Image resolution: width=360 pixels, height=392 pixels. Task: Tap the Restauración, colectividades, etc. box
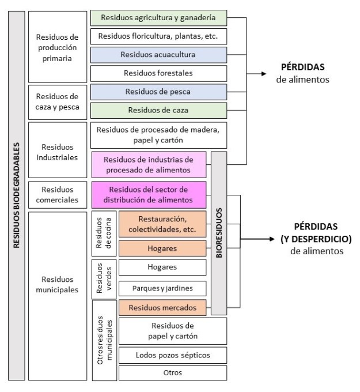[162, 224]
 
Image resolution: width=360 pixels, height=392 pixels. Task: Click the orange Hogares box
[162, 248]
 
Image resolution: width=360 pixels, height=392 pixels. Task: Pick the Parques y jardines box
[162, 288]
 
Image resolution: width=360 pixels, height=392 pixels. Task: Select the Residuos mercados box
[162, 308]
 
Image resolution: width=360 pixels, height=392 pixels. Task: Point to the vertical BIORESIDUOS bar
[219, 233]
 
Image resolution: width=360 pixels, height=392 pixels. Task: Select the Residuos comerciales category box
[58, 194]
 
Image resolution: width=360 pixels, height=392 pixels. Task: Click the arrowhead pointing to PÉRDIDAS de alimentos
[263, 74]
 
